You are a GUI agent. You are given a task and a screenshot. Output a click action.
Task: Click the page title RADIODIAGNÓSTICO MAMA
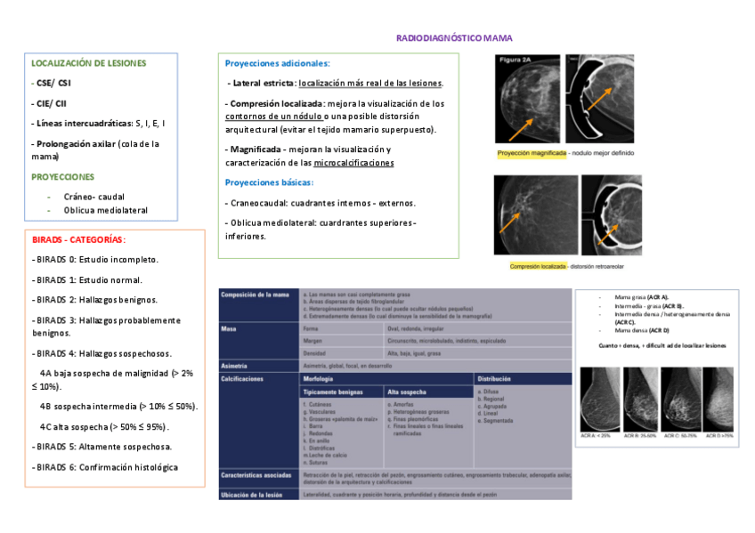point(454,38)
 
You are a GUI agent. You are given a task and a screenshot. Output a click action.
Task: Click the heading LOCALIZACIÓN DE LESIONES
point(89,63)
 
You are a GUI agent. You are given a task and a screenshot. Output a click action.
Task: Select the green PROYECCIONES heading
point(62,176)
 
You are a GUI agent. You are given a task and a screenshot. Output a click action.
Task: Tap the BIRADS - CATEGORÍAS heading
point(78,239)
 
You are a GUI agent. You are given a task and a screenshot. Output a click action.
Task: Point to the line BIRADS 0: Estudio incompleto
point(95,259)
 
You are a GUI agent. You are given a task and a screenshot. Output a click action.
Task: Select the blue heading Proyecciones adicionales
point(277,63)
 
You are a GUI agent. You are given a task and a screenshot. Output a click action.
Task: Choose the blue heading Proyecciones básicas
point(269,182)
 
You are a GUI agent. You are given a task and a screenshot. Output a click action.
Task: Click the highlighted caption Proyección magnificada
point(532,153)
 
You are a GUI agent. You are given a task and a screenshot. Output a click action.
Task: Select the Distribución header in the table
point(494,378)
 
